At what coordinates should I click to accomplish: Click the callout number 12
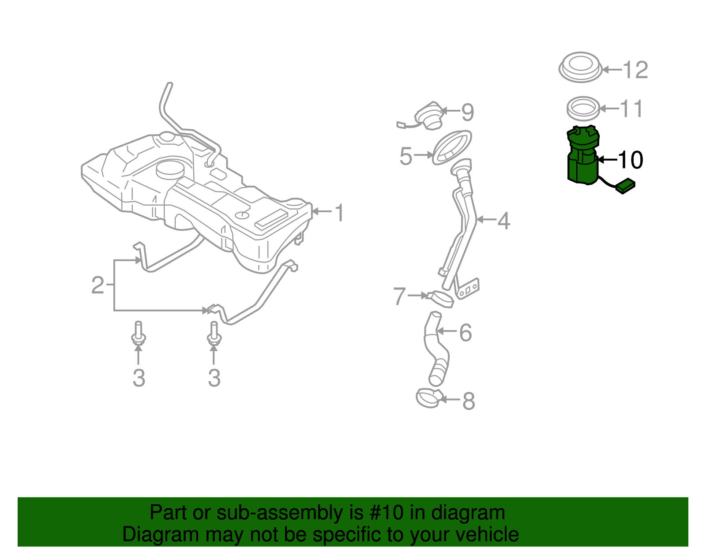pyautogui.click(x=635, y=70)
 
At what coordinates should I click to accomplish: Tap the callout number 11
pyautogui.click(x=631, y=109)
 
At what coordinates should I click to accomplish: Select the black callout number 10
pyautogui.click(x=630, y=160)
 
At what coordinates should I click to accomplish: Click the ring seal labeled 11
pyautogui.click(x=583, y=109)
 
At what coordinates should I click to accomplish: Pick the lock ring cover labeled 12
pyautogui.click(x=581, y=67)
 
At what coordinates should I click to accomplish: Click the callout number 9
pyautogui.click(x=468, y=112)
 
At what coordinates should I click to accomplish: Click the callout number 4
pyautogui.click(x=503, y=221)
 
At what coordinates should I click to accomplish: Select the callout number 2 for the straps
pyautogui.click(x=98, y=285)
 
